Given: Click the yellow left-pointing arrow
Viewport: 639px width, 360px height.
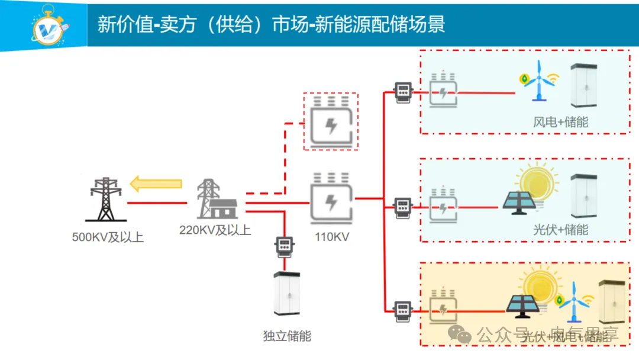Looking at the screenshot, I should [x=156, y=184].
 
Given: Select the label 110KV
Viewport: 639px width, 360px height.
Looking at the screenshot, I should [x=332, y=237].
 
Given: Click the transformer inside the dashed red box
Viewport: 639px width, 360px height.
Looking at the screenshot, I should [x=331, y=121].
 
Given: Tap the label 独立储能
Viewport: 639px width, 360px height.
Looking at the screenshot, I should [x=287, y=336].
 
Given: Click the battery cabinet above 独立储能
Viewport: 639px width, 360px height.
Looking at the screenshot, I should [x=286, y=293].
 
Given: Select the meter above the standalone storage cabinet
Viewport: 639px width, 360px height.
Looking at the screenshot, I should [x=285, y=245].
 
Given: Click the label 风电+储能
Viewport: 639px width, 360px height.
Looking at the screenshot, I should [x=560, y=123].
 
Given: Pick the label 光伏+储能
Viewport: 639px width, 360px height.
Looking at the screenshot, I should [x=560, y=229].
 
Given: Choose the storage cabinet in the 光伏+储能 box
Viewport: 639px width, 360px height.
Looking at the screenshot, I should [x=585, y=196].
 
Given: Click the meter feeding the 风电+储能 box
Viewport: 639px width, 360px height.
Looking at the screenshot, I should [x=404, y=92].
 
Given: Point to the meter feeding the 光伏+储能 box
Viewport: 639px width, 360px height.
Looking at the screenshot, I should [x=403, y=207].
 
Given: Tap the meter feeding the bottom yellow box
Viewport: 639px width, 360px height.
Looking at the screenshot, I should [x=403, y=308].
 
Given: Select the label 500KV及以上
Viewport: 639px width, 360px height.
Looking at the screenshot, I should [x=108, y=238].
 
